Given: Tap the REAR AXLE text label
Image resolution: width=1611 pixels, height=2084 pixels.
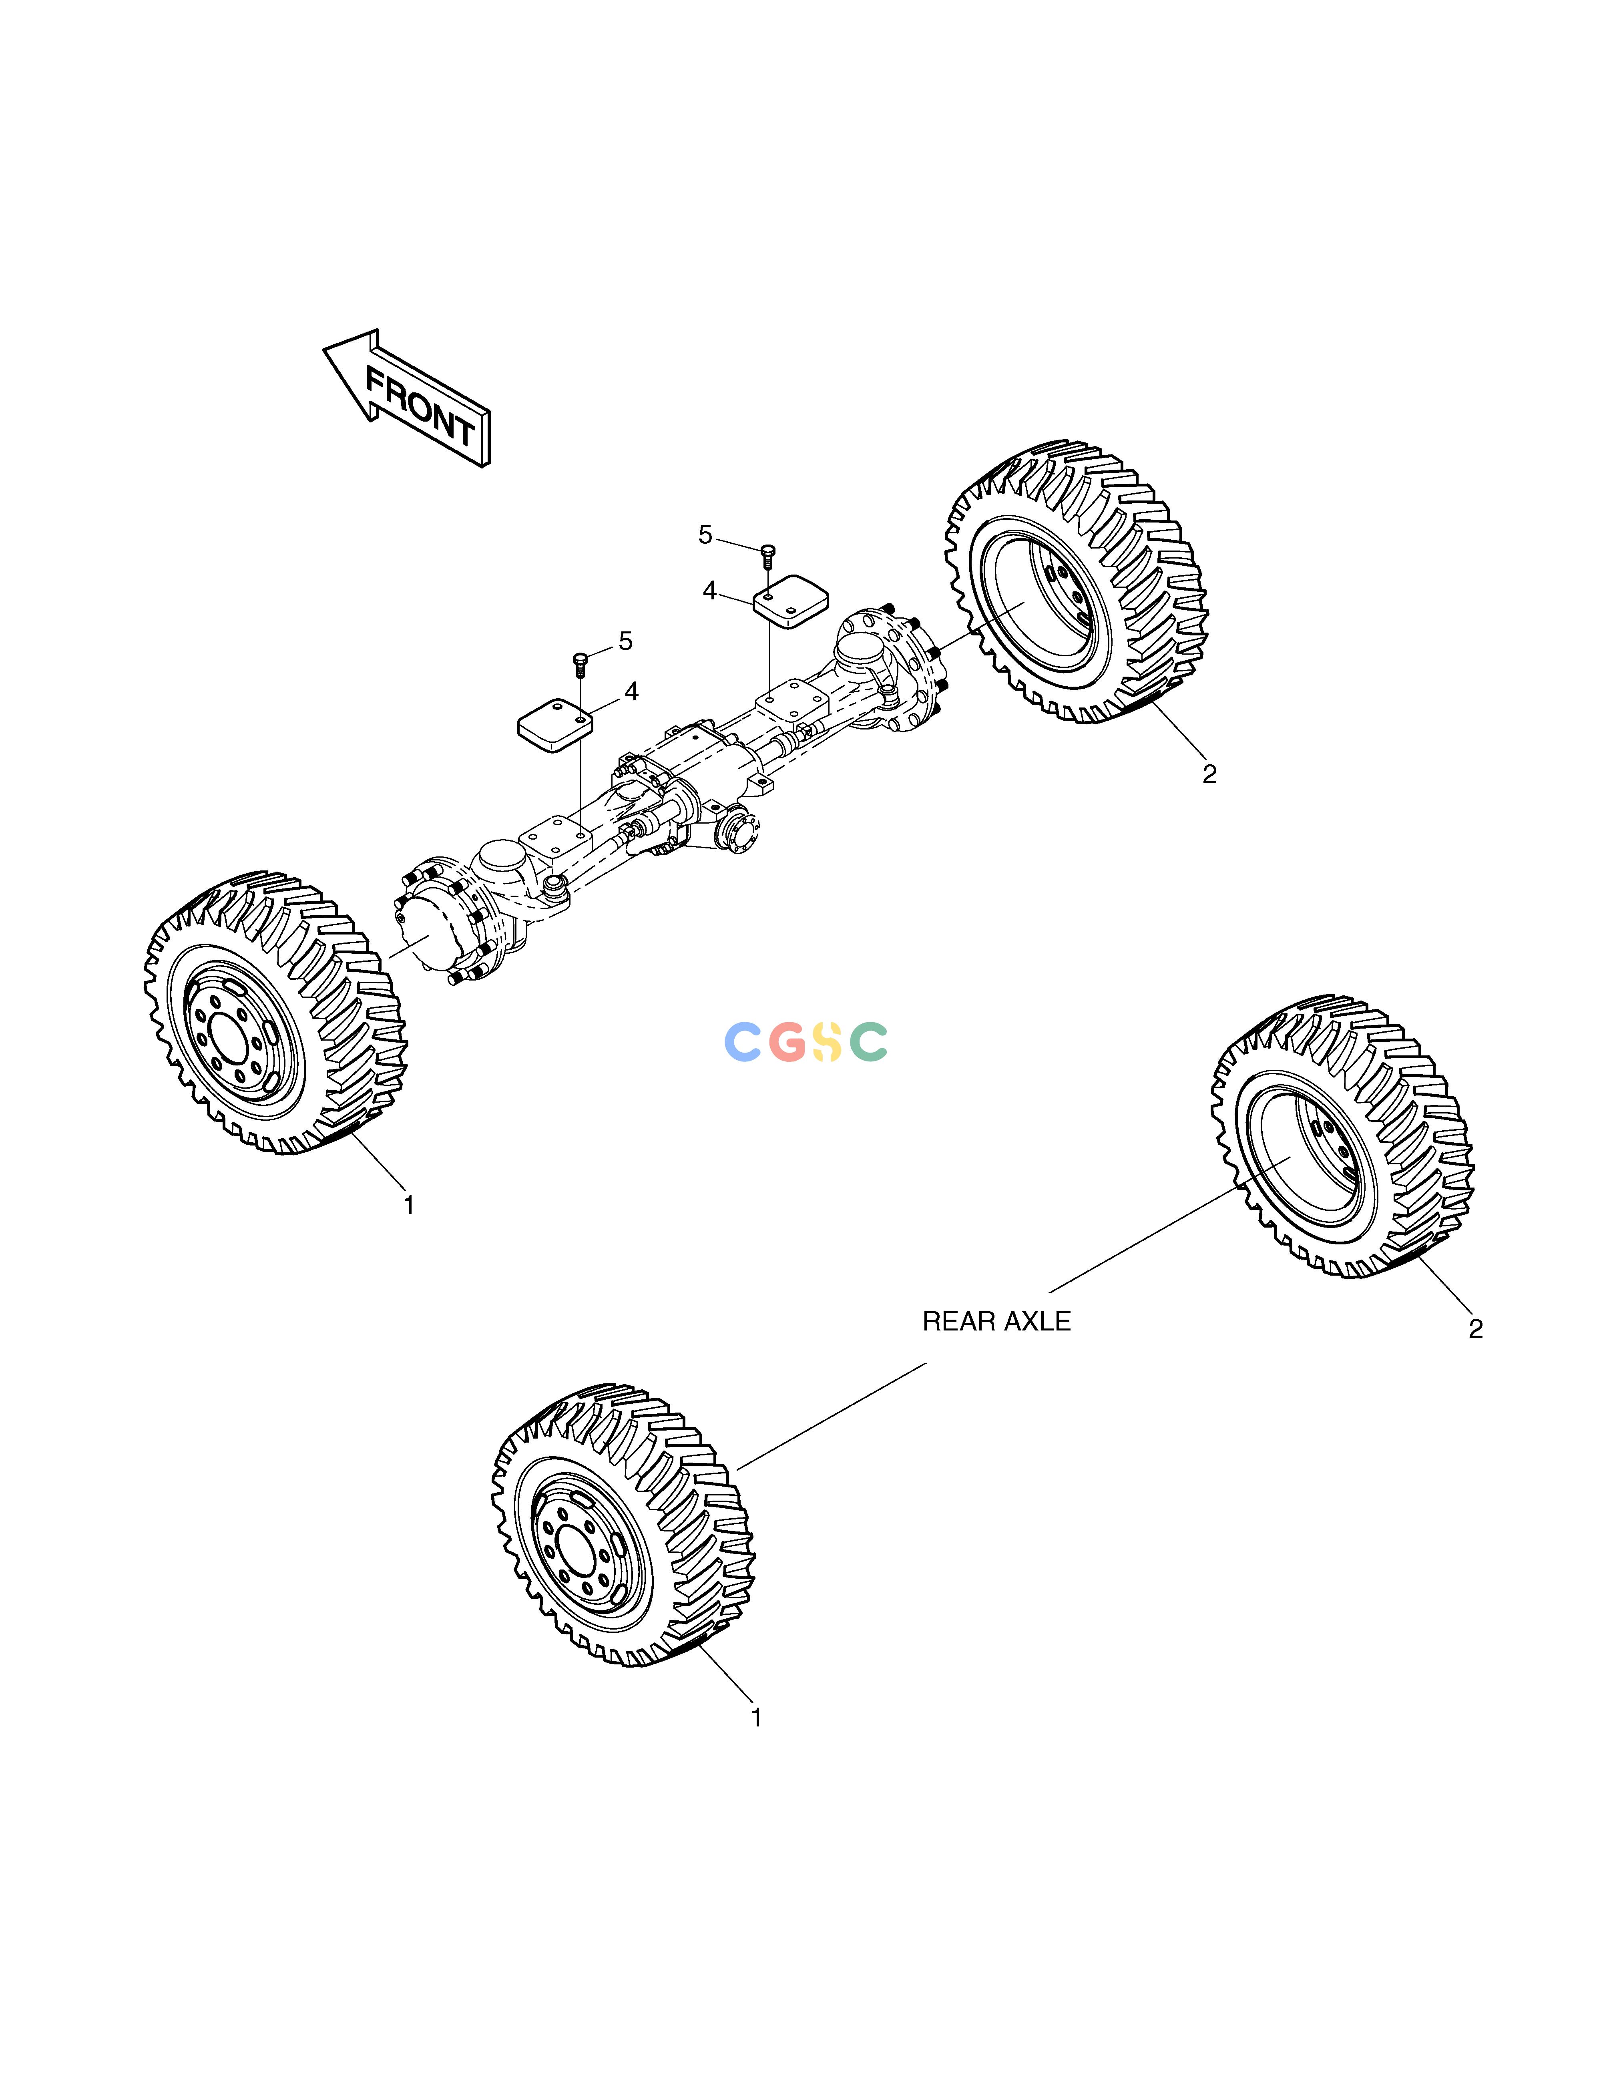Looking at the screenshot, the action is pos(996,1322).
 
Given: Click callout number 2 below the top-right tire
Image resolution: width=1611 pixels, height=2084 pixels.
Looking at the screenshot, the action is pos(1209,775).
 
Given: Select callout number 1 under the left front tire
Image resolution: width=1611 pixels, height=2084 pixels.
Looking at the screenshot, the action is pos(408,1205).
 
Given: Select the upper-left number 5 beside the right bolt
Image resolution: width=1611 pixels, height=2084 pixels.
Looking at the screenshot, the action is pos(705,535).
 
